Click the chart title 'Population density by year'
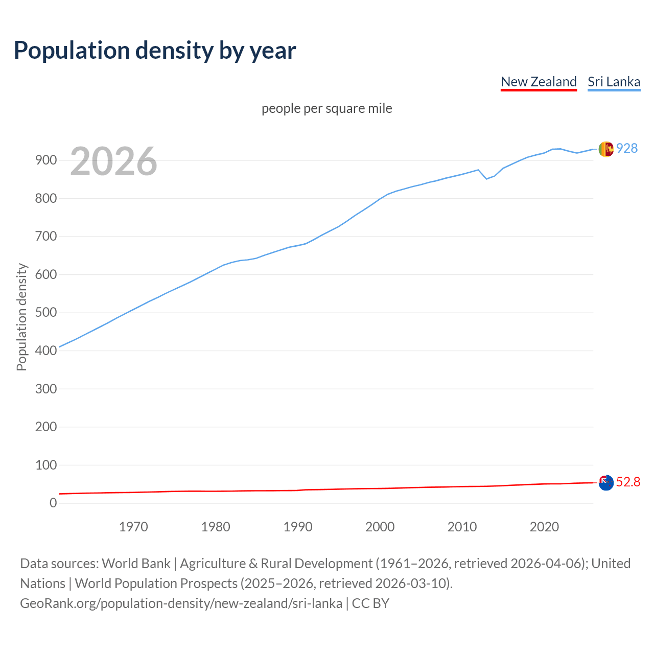(155, 50)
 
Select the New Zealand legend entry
(539, 82)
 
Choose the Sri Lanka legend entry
(614, 82)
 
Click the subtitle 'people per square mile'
(327, 108)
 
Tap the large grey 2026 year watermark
(113, 161)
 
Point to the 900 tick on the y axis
(46, 160)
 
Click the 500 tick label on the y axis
(46, 313)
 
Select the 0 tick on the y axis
(53, 503)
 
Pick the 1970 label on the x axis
(133, 527)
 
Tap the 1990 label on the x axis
(298, 527)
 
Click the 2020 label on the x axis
(544, 527)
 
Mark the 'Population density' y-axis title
(21, 317)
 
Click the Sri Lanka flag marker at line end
(606, 149)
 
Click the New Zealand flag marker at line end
(606, 482)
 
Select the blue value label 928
(627, 148)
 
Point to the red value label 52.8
(628, 482)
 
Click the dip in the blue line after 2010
(486, 178)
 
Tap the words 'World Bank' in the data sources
(136, 564)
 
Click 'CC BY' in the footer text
(370, 603)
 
